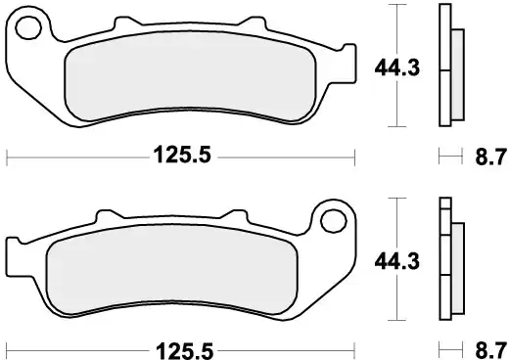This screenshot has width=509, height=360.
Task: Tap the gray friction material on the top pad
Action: (186, 83)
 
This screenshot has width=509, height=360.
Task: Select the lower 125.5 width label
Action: (181, 347)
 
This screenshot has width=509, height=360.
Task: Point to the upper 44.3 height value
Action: (391, 67)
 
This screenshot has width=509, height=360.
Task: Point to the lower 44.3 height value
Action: (391, 261)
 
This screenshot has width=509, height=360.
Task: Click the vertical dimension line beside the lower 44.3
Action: (395, 293)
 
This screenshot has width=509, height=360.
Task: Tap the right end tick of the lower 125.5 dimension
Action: (354, 347)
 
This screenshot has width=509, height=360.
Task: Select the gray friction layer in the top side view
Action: (456, 68)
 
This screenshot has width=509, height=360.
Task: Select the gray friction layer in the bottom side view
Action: (456, 261)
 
